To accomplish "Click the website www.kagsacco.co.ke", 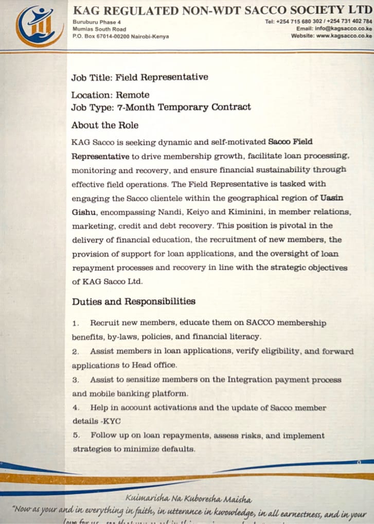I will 344,36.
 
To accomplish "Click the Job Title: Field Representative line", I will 139,77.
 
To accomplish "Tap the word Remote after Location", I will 132,95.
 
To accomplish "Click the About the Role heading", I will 105,125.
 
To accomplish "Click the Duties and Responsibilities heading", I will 133,301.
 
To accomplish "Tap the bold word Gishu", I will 82,212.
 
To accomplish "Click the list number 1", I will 75,323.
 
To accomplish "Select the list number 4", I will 75,408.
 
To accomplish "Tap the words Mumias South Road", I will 99,29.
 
